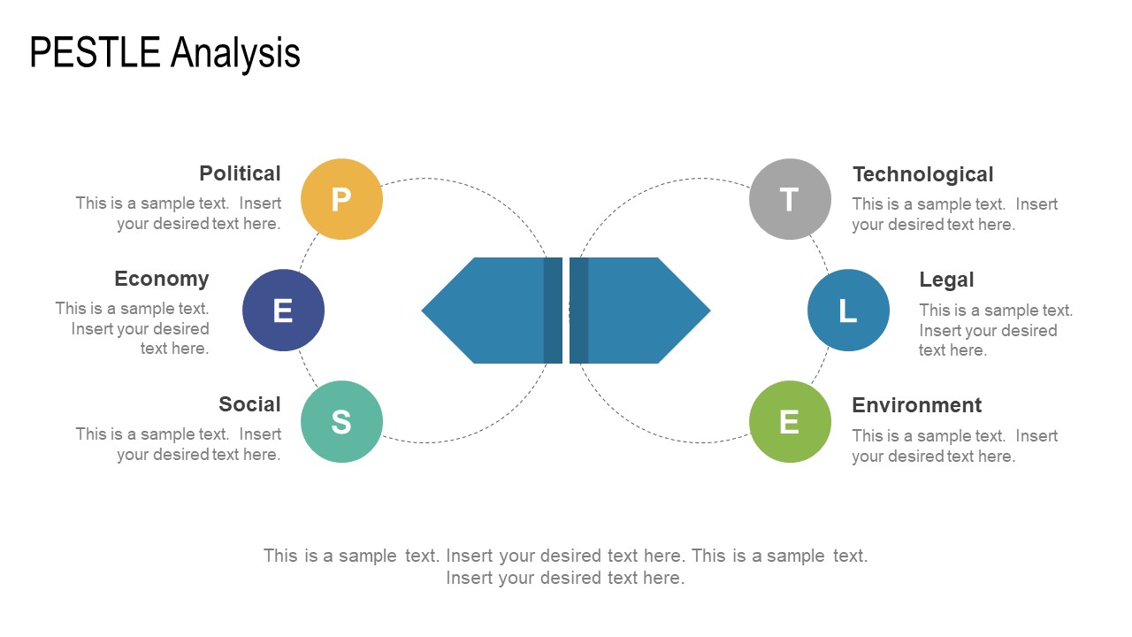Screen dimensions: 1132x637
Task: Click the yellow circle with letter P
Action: tap(341, 199)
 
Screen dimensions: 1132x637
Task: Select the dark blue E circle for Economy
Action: tap(284, 310)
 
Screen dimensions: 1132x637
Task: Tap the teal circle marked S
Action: tap(341, 422)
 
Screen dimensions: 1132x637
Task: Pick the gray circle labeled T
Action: tap(790, 199)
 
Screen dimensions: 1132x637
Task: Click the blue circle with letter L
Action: tap(848, 310)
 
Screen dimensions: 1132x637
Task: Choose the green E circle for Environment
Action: tap(790, 422)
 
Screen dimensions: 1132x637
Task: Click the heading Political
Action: tap(240, 173)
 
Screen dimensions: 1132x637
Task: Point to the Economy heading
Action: tap(162, 279)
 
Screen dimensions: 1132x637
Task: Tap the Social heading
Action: tap(249, 404)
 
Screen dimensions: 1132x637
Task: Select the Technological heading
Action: tap(922, 175)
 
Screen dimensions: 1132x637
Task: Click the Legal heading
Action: tap(946, 280)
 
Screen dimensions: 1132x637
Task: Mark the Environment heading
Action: tap(917, 405)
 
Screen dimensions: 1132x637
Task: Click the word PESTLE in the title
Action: tap(95, 52)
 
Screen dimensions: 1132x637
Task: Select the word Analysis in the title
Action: tap(235, 54)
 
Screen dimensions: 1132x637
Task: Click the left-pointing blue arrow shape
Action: tap(492, 311)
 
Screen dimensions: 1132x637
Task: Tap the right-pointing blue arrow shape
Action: tap(639, 311)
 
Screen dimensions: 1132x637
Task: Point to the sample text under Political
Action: tap(179, 213)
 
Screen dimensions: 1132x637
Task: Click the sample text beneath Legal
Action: tap(996, 330)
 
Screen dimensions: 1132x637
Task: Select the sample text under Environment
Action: tap(955, 446)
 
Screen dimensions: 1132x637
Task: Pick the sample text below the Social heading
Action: tap(179, 444)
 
